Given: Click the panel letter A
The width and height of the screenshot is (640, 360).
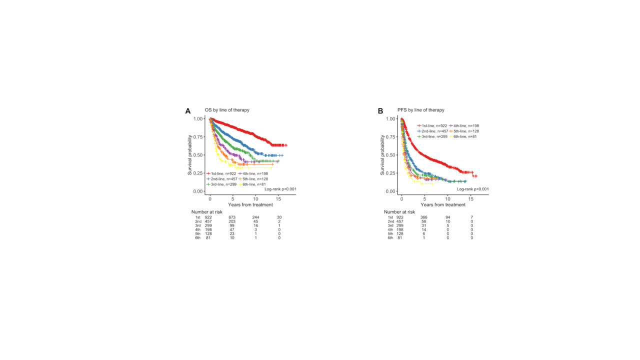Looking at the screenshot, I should coord(188,111).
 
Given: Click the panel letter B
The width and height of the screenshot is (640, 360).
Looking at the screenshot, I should coord(380,111).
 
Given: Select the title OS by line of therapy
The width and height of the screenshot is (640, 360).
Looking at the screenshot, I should coord(226,110).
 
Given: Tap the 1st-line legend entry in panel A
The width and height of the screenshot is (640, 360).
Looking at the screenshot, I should coord(221,173).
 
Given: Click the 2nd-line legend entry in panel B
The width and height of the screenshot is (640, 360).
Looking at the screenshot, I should coord(431,131).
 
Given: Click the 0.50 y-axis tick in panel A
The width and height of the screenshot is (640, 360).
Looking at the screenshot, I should coord(198,155).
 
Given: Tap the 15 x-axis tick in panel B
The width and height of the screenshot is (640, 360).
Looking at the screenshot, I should coord(472,198).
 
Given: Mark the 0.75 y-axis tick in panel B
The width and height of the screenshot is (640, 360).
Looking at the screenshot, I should coord(391,137).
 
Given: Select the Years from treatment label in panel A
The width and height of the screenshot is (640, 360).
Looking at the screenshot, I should coord(250,205).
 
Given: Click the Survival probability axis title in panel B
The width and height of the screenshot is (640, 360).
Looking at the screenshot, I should coord(383,155).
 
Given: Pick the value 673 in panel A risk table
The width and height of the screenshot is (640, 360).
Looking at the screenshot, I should coord(232,217).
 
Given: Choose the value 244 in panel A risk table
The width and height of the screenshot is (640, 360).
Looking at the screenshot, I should coord(255,217).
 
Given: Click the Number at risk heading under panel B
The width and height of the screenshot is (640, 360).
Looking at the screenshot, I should coord(399,212).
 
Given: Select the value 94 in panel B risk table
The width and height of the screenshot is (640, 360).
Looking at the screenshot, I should coord(448,217).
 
